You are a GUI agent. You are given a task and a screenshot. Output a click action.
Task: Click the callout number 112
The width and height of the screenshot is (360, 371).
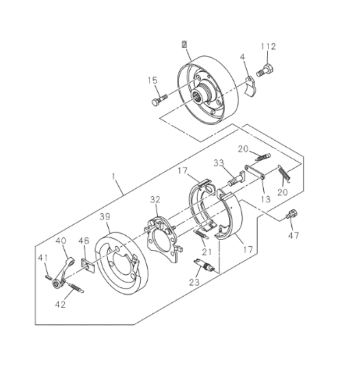pos(268,47)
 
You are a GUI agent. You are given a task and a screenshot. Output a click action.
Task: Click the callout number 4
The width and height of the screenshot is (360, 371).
pos(242,56)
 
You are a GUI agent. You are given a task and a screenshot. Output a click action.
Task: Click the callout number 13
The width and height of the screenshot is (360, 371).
pos(266,198)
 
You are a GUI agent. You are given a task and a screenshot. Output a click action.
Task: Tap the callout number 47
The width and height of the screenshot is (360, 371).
pos(294,235)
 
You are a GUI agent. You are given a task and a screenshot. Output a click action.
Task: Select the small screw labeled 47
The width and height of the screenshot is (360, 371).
pos(292,213)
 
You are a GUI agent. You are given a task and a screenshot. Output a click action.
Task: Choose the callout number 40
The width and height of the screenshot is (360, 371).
pos(61,241)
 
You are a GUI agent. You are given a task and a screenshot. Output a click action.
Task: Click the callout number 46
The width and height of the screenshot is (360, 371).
pos(84,241)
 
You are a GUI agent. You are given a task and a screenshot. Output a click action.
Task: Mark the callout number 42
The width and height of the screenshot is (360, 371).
pos(61,304)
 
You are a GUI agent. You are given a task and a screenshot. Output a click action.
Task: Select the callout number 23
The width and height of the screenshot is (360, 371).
pos(194,284)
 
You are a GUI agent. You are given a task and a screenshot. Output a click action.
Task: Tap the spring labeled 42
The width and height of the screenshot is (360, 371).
pos(75,287)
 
